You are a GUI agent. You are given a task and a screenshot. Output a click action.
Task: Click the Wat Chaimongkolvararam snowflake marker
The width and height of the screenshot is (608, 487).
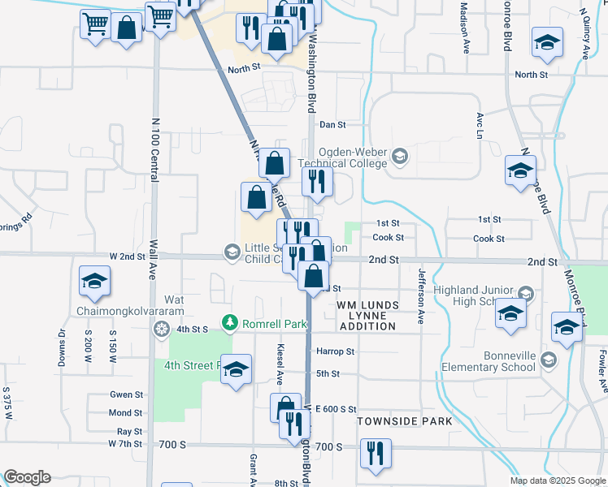point(162,329)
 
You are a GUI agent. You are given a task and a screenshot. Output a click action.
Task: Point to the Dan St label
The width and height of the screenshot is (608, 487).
point(332,125)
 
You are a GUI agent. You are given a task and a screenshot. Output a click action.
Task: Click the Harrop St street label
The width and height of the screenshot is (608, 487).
point(336,351)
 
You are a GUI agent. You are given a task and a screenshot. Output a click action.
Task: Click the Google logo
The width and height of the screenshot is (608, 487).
point(27,477)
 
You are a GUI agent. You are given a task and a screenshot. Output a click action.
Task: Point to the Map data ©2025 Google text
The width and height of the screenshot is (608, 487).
point(558,481)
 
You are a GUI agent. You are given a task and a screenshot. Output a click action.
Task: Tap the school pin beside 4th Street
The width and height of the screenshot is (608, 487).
point(236,371)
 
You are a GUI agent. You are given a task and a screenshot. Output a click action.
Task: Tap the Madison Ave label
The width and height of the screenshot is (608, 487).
point(466,27)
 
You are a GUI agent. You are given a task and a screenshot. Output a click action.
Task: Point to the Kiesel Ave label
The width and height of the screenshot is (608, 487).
point(279,364)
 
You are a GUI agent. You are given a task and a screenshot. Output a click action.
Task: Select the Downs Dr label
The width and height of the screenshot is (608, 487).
point(62,347)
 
